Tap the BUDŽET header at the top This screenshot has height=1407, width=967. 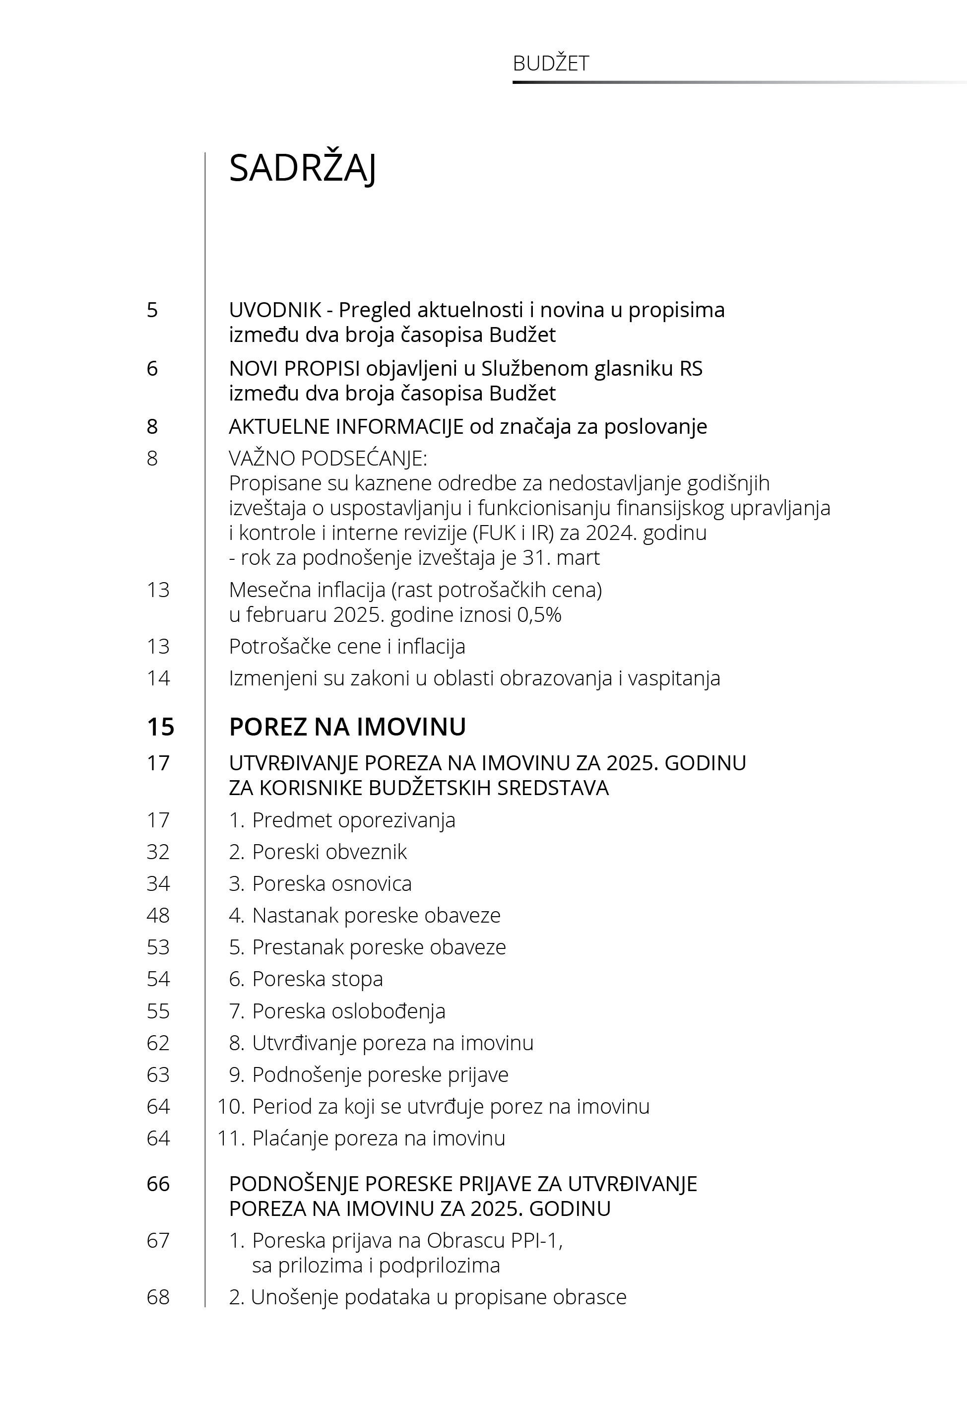pyautogui.click(x=550, y=64)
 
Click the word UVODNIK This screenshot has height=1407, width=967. pyautogui.click(x=274, y=310)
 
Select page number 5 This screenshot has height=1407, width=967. pyautogui.click(x=152, y=310)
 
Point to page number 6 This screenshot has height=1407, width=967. pyautogui.click(x=152, y=368)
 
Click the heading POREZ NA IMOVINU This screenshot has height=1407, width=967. pyautogui.click(x=347, y=727)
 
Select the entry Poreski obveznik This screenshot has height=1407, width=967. pyautogui.click(x=329, y=851)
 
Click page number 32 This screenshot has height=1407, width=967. pyautogui.click(x=158, y=851)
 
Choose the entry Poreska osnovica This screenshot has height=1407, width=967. pyautogui.click(x=331, y=883)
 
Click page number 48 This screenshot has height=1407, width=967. pyautogui.click(x=158, y=915)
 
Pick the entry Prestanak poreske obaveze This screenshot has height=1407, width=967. pyautogui.click(x=379, y=947)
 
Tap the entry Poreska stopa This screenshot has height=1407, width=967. pyautogui.click(x=317, y=979)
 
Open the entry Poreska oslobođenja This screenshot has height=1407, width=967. pyautogui.click(x=348, y=1011)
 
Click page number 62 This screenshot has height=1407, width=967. pyautogui.click(x=158, y=1043)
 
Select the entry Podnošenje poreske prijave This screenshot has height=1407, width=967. pyautogui.click(x=380, y=1074)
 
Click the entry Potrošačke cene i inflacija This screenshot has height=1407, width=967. pyautogui.click(x=347, y=647)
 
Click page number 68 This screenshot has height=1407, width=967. pyautogui.click(x=158, y=1297)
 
